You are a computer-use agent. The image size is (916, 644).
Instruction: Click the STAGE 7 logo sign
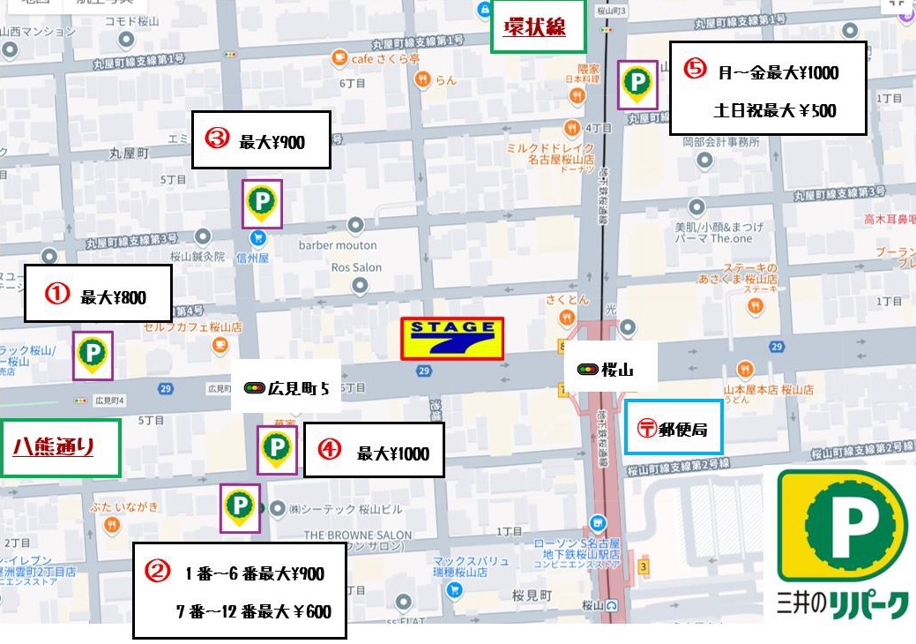[452, 339]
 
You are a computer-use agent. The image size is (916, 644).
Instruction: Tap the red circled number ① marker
[57, 295]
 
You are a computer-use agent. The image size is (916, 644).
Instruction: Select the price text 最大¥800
[113, 298]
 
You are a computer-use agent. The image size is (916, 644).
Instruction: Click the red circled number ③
[217, 139]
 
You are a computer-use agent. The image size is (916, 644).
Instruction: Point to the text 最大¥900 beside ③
[272, 141]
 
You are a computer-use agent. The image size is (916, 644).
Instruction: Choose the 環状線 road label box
[534, 27]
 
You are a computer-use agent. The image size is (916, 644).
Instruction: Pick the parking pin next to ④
[277, 447]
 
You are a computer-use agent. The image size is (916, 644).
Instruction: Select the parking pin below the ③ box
[262, 204]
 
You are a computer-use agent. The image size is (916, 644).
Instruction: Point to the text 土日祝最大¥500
[775, 111]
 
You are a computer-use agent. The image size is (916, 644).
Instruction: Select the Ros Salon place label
[356, 267]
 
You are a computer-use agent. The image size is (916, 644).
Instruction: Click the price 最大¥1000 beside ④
[393, 453]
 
